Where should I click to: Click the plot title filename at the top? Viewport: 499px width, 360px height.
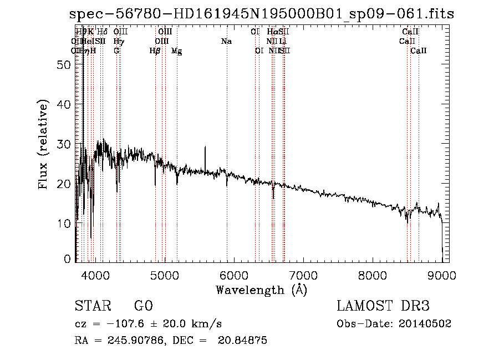tap(262, 14)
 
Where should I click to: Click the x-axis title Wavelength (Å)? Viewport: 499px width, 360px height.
tap(261, 290)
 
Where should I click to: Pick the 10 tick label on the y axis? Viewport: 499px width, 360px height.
tap(65, 223)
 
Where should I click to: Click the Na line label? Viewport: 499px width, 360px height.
tap(226, 42)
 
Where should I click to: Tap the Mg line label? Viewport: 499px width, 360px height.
tap(176, 51)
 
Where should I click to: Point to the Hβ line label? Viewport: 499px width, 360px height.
tap(155, 51)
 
